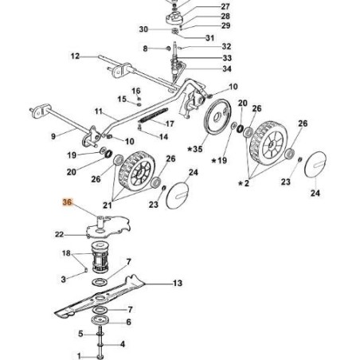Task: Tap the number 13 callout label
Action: click(x=178, y=283)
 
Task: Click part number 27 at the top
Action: click(x=203, y=6)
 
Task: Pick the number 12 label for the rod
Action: click(x=75, y=56)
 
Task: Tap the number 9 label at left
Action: click(x=53, y=135)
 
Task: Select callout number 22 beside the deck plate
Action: click(x=59, y=233)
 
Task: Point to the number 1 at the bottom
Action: click(x=77, y=356)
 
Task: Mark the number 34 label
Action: click(x=205, y=68)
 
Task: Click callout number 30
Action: click(x=143, y=29)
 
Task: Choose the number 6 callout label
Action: click(x=128, y=322)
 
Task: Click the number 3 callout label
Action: click(x=64, y=280)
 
